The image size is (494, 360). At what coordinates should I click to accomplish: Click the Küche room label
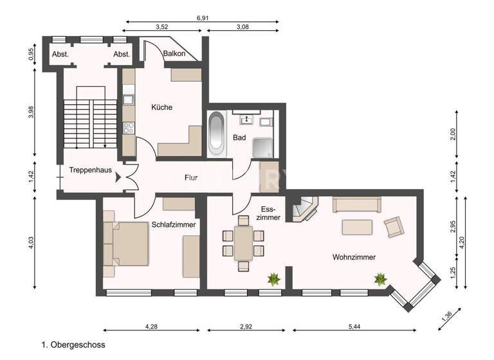(x=161, y=107)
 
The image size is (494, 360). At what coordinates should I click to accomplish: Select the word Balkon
(x=174, y=54)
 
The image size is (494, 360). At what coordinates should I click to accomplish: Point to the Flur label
(x=191, y=177)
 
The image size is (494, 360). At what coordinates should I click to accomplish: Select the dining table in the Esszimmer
(x=243, y=243)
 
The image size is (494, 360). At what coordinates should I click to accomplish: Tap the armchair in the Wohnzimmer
(x=394, y=226)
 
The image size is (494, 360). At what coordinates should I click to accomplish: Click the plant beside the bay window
(x=381, y=279)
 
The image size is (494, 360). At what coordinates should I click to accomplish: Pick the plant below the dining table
(x=275, y=279)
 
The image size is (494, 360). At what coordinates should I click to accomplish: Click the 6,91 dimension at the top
(x=202, y=18)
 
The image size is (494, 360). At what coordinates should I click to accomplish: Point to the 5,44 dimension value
(x=354, y=327)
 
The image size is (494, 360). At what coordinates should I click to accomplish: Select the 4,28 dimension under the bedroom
(x=151, y=327)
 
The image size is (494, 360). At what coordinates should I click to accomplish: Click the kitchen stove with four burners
(x=129, y=127)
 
